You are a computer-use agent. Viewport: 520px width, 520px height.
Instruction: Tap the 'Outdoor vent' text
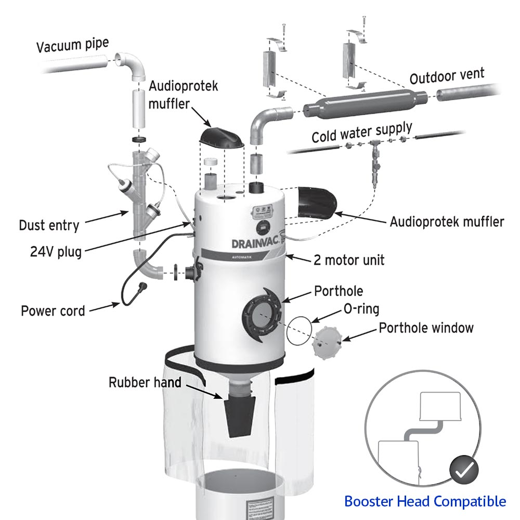(x=447, y=76)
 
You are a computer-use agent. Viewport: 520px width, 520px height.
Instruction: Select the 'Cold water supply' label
(x=362, y=132)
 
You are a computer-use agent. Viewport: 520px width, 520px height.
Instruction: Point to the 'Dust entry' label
(x=49, y=225)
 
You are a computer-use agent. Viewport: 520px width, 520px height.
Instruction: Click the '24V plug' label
(x=56, y=252)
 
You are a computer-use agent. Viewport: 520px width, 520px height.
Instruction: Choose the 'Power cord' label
(x=53, y=311)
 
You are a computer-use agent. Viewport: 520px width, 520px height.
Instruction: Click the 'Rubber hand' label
(x=145, y=383)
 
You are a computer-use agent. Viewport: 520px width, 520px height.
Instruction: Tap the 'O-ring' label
(x=360, y=309)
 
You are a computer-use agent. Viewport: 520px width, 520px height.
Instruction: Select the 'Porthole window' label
(x=426, y=328)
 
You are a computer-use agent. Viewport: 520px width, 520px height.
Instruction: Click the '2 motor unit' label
(x=349, y=259)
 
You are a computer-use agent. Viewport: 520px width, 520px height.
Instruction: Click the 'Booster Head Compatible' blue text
(x=425, y=501)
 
